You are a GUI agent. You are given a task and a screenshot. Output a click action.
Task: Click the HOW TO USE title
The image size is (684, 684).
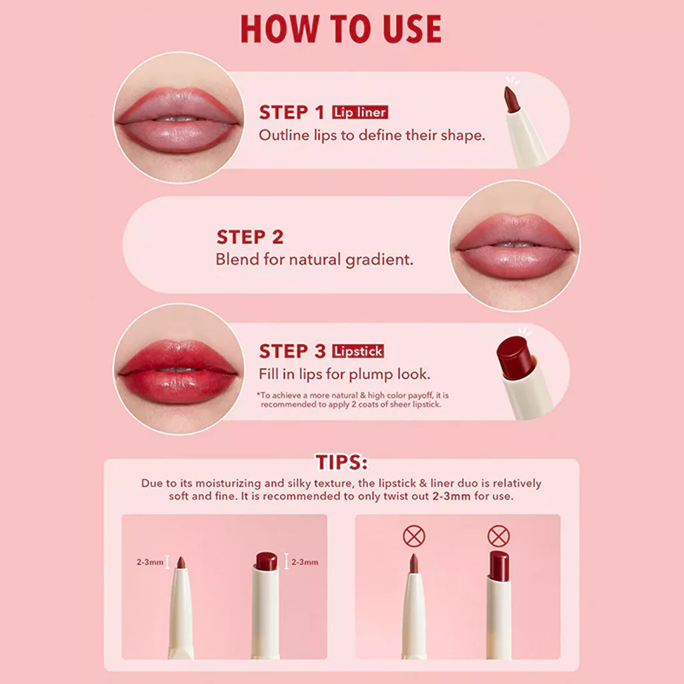pos(341,29)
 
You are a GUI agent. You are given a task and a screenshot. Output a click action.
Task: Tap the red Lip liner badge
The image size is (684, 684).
pos(360,112)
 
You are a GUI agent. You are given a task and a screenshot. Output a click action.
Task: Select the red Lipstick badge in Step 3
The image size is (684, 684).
pos(359,351)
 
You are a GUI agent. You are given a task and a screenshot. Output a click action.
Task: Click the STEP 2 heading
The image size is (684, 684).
pos(250,237)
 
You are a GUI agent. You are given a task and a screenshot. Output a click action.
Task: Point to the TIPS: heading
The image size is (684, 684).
pos(341,463)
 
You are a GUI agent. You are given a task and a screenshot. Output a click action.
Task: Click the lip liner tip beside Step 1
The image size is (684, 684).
pos(510,100)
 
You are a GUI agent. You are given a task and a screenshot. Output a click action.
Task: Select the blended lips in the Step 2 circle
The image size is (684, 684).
pos(514,246)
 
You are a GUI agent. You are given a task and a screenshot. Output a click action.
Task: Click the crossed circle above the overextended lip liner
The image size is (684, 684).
pos(414,536)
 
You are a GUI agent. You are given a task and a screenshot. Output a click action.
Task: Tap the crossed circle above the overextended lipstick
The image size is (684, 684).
pos(498,536)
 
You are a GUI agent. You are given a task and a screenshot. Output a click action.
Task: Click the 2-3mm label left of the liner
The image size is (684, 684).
pos(150,562)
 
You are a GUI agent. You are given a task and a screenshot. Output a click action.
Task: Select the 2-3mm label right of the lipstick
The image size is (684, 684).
pos(305,562)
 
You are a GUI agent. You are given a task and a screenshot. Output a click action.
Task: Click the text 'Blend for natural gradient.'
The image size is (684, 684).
pos(314,260)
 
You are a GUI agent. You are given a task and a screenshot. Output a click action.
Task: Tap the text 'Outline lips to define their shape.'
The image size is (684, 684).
pos(371,135)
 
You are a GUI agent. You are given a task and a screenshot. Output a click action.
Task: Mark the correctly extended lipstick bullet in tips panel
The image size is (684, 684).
pos(266,561)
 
